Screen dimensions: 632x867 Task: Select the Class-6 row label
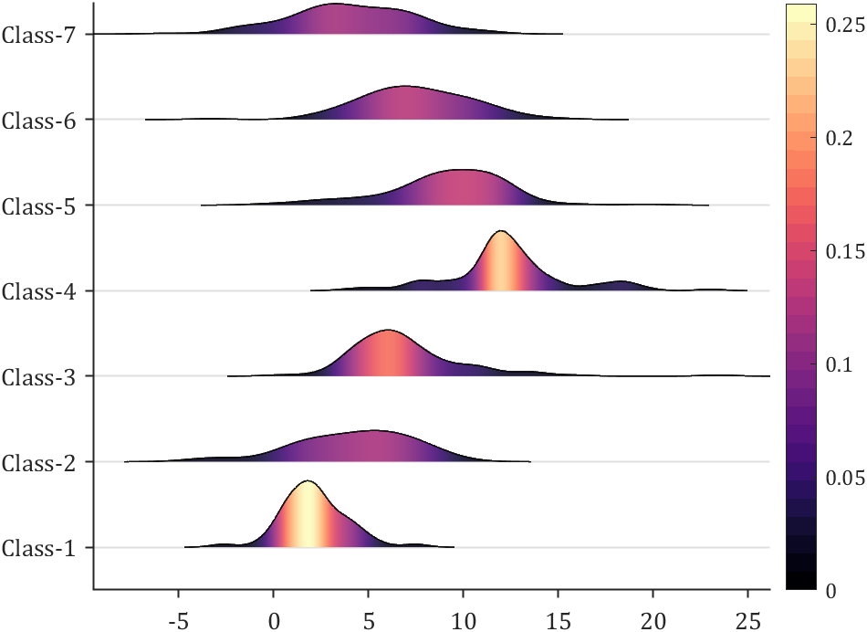click(x=43, y=120)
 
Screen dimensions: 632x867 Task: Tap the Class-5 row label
click(x=43, y=205)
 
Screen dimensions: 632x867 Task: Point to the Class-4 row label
click(x=43, y=291)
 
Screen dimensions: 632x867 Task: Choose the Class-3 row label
click(x=43, y=376)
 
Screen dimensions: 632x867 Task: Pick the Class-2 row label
click(x=43, y=462)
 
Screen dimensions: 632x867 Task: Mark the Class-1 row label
click(x=43, y=548)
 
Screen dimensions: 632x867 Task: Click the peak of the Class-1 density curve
click(x=308, y=481)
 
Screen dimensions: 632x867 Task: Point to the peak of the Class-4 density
click(x=499, y=231)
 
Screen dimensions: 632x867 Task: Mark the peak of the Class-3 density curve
click(x=388, y=330)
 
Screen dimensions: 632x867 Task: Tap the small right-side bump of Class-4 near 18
click(x=622, y=281)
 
